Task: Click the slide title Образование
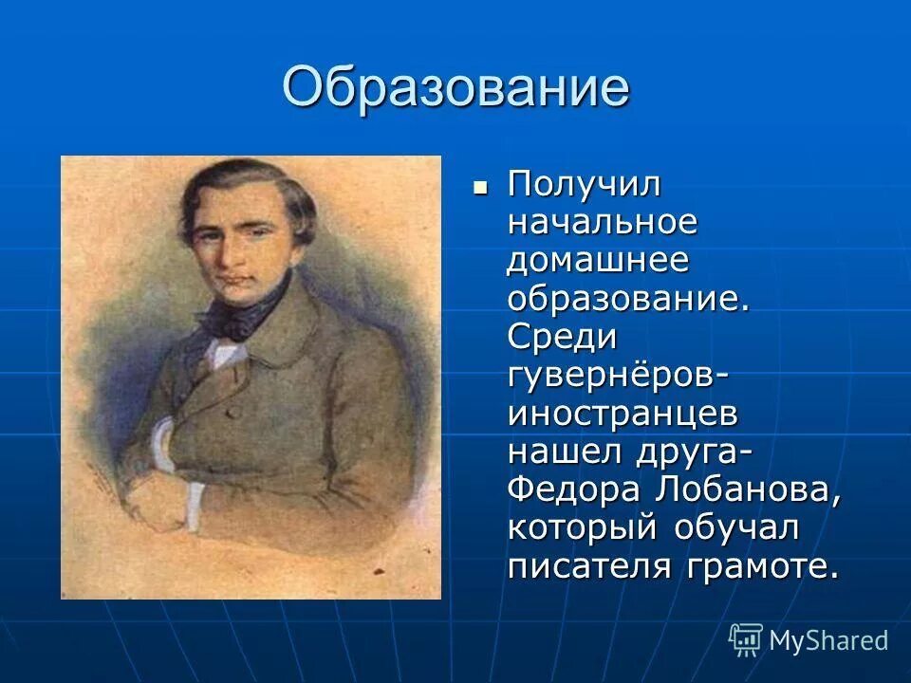point(455,88)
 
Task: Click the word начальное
point(603,224)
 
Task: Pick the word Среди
point(563,338)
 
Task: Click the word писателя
point(587,566)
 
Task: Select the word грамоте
point(759,566)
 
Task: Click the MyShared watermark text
point(828,640)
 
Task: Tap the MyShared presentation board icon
point(746,639)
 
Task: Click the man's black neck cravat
point(237,309)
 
